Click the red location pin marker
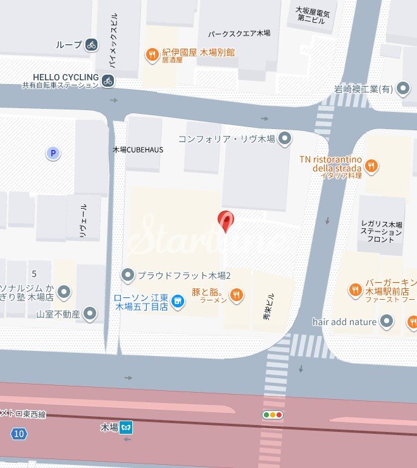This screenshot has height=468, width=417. pos(225,221)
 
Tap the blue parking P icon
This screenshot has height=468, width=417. pos(53,153)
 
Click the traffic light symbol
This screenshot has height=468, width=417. pos(273,415)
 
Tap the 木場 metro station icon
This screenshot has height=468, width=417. pos(127,427)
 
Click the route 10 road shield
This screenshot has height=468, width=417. pos(19,433)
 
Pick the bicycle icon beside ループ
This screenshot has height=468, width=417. pos(92,44)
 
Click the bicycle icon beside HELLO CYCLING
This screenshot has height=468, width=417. pos(108,80)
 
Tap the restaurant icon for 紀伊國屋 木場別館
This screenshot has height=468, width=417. pos(152,55)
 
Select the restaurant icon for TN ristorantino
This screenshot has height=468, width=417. pos(371,166)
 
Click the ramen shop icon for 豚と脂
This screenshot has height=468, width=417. pos(236,293)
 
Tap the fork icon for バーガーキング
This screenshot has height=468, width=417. pos(356,290)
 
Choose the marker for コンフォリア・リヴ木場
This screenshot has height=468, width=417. pos(285,138)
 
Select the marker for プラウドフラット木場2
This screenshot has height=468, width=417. pos(128,275)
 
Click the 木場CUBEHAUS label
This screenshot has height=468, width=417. pos(137,150)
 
